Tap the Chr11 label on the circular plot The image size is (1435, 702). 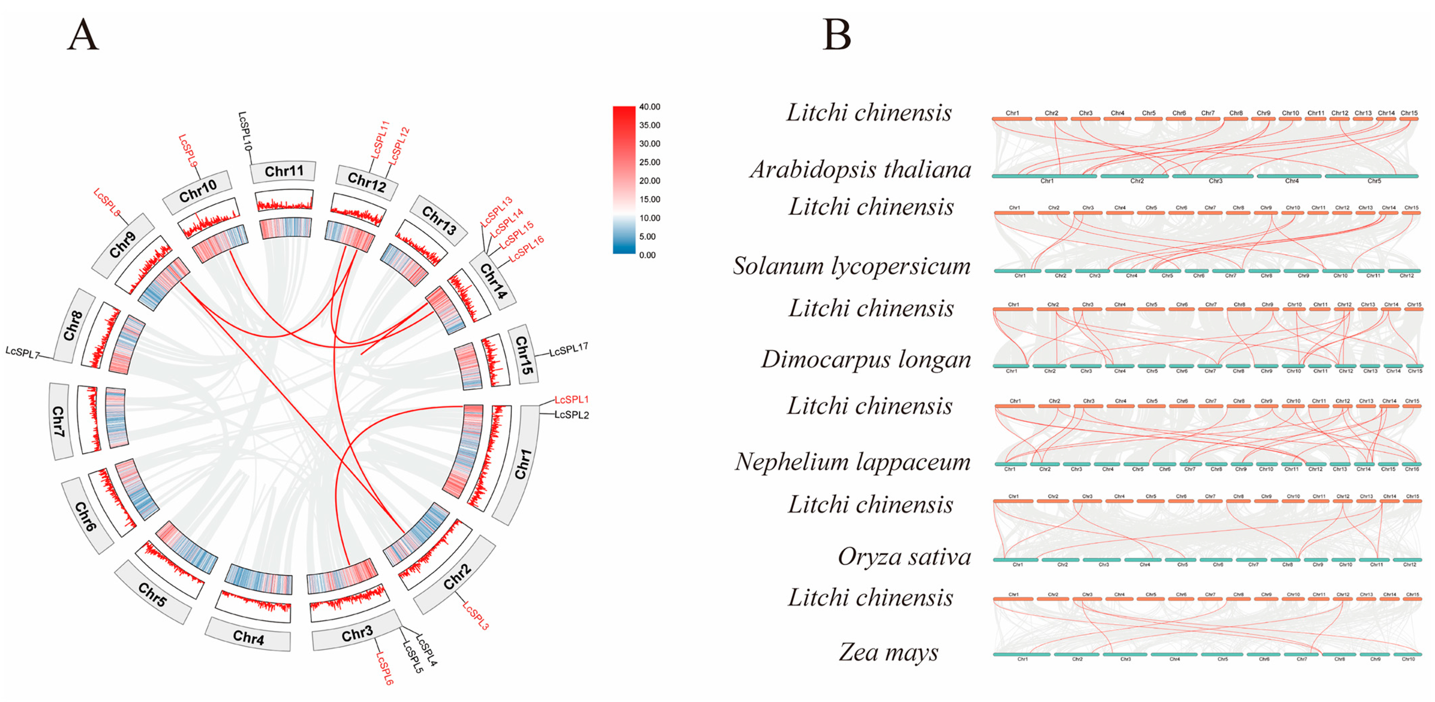[x=284, y=171]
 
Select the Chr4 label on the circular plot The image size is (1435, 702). [x=248, y=637]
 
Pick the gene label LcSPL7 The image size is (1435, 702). [x=22, y=352]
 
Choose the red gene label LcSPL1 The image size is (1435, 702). [x=572, y=400]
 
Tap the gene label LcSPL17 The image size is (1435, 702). [x=569, y=350]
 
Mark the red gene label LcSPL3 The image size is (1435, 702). [x=476, y=615]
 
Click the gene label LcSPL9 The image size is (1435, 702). [x=188, y=150]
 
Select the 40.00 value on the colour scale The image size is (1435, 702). [x=650, y=107]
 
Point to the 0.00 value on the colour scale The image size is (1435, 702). [x=647, y=255]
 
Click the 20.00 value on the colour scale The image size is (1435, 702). [x=650, y=181]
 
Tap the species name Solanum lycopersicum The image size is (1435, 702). [x=851, y=265]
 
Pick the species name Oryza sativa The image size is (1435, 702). [x=904, y=557]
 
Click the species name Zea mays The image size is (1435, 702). [x=889, y=652]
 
